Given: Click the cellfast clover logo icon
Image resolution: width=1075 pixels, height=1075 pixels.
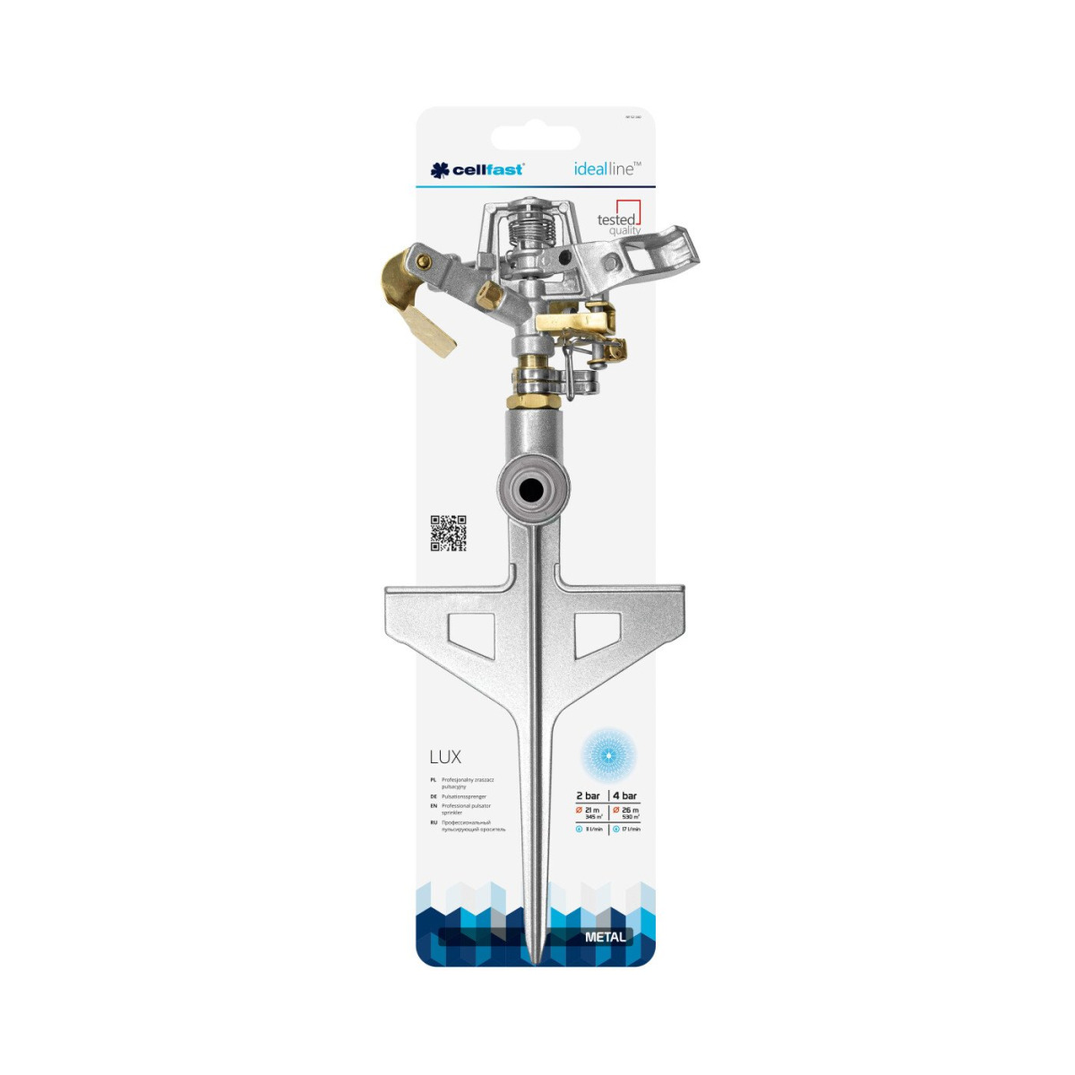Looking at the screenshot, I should pos(439,169).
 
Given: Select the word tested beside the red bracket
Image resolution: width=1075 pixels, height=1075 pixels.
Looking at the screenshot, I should pos(615,219).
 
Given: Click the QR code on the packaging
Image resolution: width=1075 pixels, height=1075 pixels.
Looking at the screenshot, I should pos(448,533).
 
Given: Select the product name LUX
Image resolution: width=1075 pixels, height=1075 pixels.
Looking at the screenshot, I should pos(445,757).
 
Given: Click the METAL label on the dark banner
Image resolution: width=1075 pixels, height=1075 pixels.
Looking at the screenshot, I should pos(606,937).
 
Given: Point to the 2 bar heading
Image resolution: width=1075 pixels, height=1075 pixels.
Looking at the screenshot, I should pos(588,795).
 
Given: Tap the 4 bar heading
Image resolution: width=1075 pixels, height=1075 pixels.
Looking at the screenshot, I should pos(625,795).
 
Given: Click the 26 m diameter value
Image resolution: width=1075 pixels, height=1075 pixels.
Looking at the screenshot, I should pos(630,810).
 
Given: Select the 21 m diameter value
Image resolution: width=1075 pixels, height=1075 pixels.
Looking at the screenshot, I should pos(591,810).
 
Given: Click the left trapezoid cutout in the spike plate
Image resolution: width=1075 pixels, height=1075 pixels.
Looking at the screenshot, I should pos(470,634).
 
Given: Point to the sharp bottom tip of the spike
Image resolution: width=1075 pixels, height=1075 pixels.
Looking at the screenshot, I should pos(535,960).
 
